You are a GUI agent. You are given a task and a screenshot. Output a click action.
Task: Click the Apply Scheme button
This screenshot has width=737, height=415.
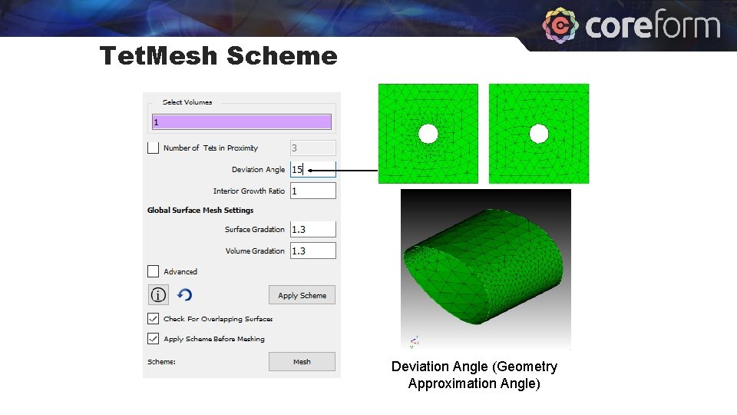point(302,295)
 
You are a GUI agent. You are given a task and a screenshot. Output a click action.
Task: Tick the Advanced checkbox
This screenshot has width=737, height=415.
point(154,271)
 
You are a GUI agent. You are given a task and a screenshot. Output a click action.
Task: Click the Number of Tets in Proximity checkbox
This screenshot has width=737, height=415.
point(154,148)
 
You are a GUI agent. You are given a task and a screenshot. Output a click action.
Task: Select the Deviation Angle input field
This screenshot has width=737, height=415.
point(312,170)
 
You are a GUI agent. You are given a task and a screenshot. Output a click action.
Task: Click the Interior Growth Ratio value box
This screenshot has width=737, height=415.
point(312,191)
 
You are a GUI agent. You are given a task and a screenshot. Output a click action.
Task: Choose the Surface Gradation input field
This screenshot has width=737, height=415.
point(312,229)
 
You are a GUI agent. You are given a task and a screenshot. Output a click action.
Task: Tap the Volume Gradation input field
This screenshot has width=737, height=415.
point(312,251)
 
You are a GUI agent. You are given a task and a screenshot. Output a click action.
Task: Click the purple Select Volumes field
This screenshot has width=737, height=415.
point(241,122)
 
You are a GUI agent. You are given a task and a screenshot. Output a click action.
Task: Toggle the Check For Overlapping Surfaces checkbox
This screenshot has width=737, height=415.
point(154,318)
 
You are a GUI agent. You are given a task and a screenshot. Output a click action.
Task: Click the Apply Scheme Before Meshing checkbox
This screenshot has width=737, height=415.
point(154,338)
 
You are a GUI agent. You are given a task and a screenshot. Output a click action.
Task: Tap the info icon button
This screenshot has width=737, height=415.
point(158,295)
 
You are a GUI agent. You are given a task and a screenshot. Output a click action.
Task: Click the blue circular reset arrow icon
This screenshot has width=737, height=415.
point(184,295)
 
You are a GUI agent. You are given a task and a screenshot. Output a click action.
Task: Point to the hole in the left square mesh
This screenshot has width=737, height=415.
point(428,134)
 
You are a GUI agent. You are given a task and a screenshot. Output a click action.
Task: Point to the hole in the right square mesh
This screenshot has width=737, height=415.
point(539,134)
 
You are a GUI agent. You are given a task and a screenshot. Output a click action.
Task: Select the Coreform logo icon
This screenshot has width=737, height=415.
point(560,26)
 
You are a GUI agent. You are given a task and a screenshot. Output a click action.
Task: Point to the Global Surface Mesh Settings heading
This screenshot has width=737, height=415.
point(200,210)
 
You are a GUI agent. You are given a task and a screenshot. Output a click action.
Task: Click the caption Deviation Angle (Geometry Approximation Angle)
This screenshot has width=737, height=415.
point(474,375)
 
